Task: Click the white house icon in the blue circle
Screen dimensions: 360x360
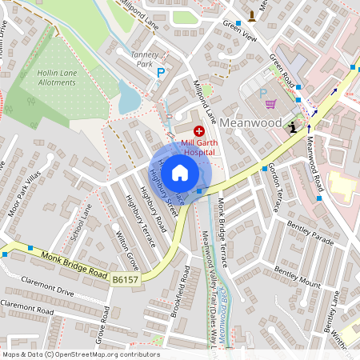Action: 180,173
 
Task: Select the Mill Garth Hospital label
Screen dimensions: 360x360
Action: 199,144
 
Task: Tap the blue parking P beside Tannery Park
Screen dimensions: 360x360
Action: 161,73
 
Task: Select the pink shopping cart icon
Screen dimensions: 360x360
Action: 270,103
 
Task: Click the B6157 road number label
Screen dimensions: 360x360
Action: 126,279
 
